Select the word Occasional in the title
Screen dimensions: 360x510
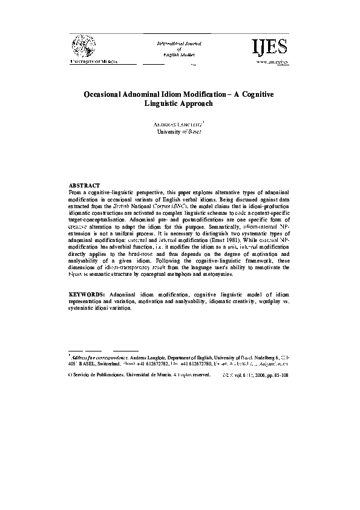(x=108, y=95)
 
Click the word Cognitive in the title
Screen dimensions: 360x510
(x=255, y=95)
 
